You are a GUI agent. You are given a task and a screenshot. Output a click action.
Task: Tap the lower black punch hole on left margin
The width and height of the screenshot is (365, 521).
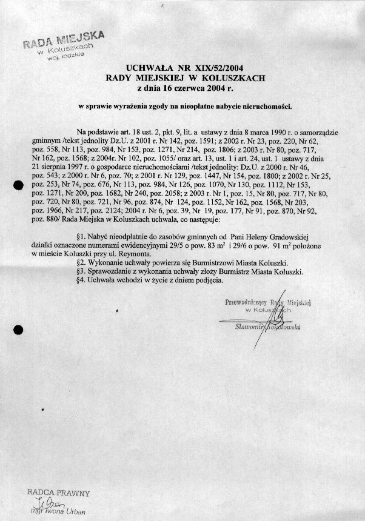coord(18,330)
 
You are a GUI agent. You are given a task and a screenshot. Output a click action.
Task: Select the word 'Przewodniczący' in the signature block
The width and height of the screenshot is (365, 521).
coord(245,301)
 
